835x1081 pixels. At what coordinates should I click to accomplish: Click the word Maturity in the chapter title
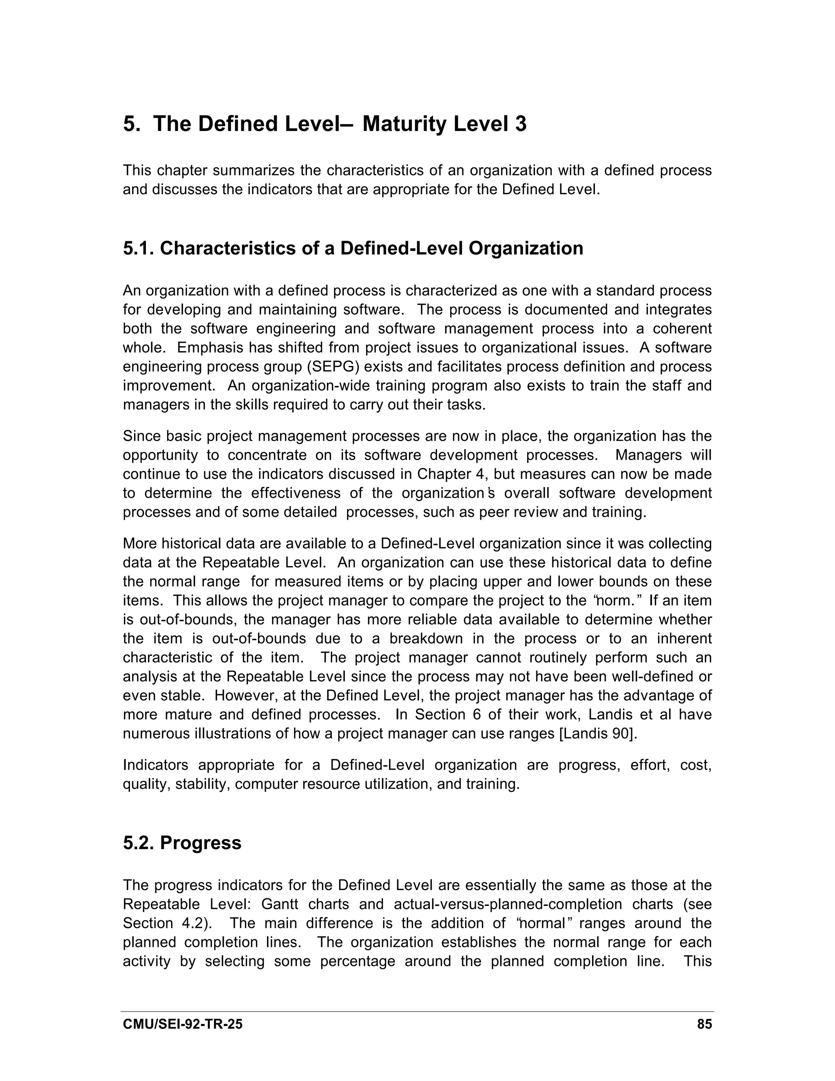pos(404,124)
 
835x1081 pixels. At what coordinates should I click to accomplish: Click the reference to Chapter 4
pos(453,474)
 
